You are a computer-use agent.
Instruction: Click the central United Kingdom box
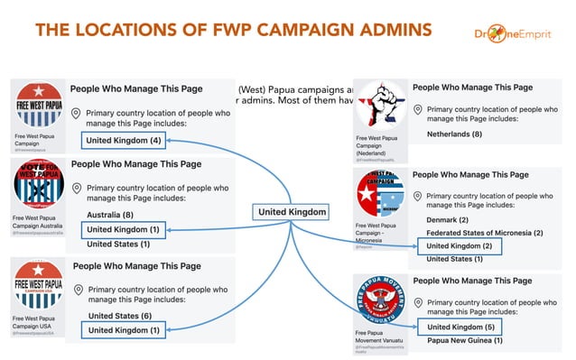coord(290,211)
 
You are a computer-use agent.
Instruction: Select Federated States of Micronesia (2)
coord(484,233)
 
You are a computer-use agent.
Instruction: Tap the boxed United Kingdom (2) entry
coord(460,245)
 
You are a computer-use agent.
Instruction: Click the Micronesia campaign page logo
coord(380,194)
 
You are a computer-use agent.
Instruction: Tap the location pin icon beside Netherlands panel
coord(418,110)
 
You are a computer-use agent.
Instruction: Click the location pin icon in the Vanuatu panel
coord(418,302)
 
